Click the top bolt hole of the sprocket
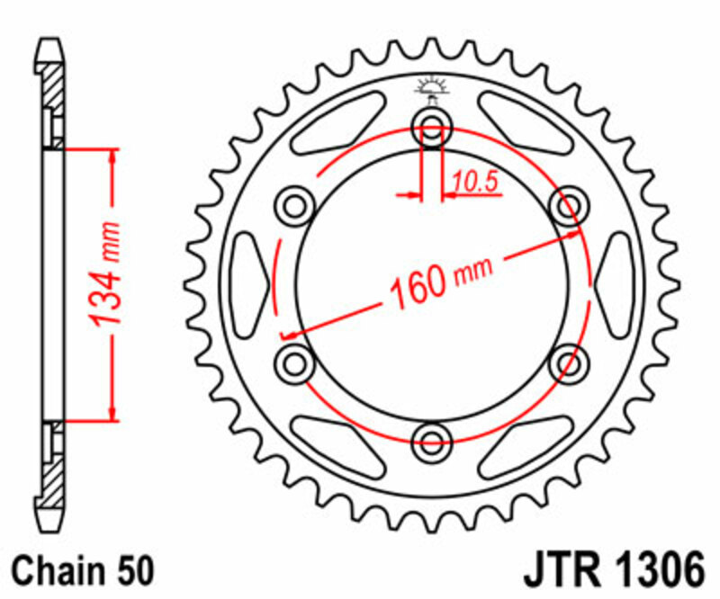[x=432, y=126]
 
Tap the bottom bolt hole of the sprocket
[x=432, y=441]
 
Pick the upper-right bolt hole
[x=569, y=205]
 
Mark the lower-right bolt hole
[x=569, y=362]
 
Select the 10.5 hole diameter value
[x=475, y=183]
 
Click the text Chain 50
[x=84, y=571]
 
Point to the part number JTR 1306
[x=610, y=571]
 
